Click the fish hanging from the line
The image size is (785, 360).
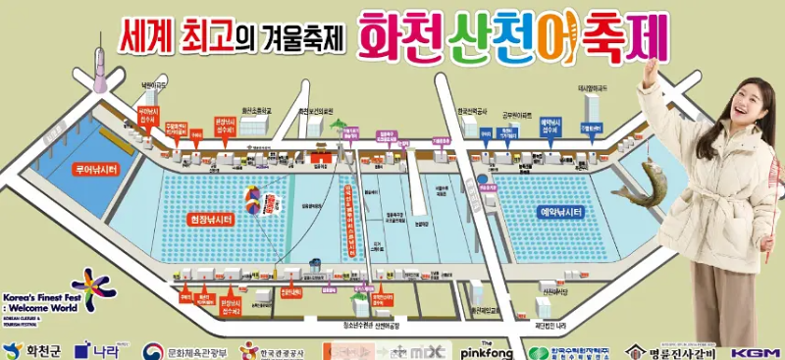637,185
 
